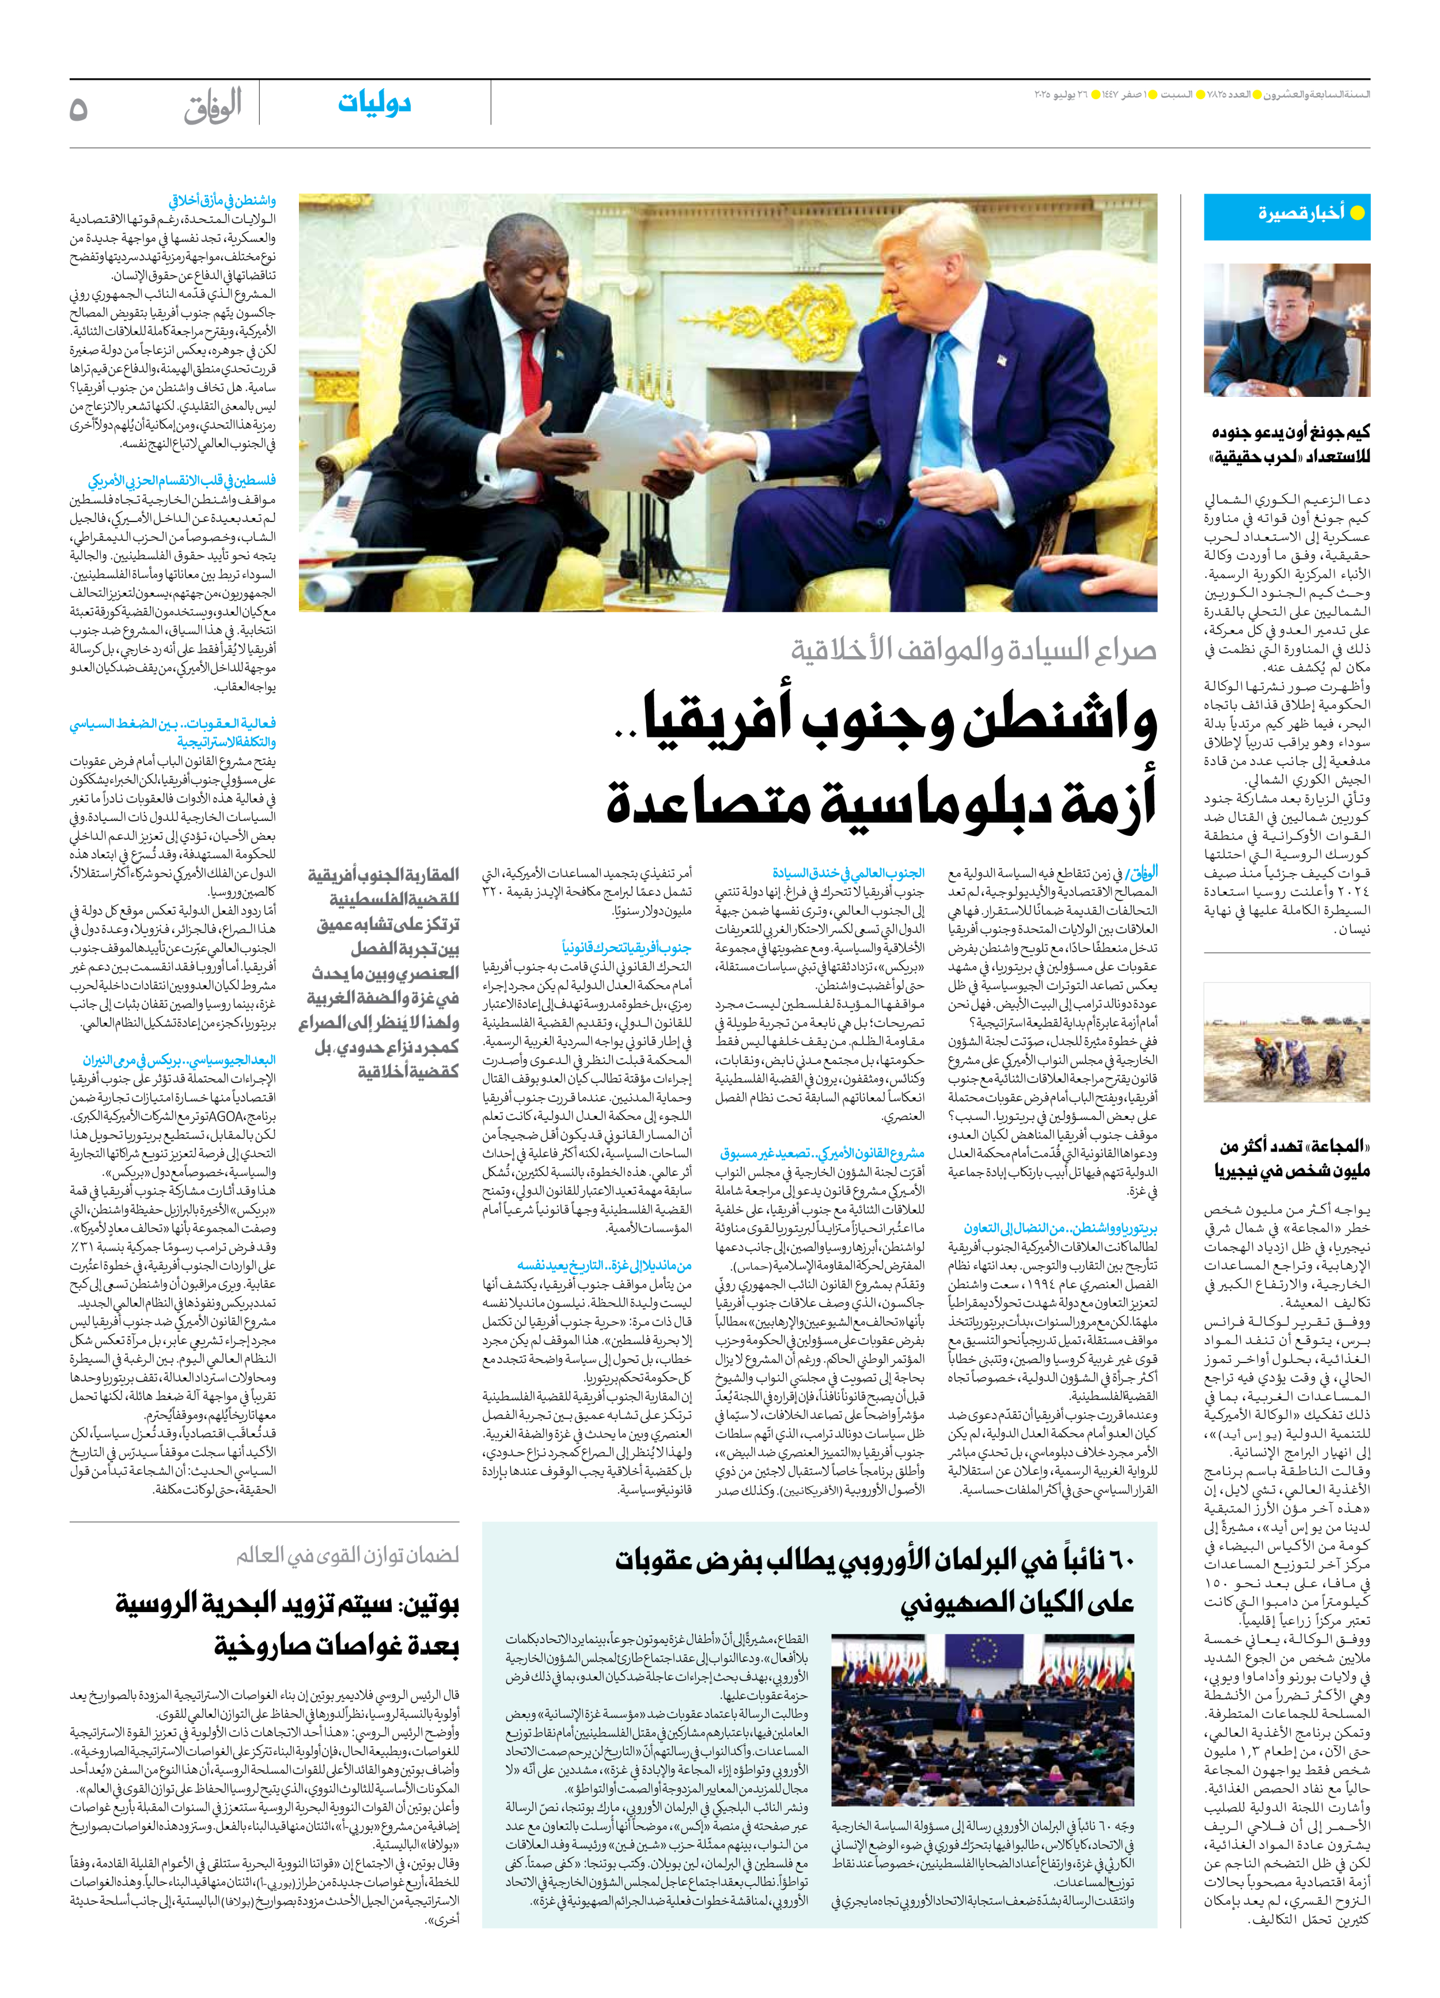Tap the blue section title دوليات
coord(374,103)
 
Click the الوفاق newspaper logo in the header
coord(213,108)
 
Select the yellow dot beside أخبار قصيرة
coord(1357,213)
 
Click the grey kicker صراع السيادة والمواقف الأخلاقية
coord(973,650)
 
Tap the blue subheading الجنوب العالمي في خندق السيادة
coord(848,873)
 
